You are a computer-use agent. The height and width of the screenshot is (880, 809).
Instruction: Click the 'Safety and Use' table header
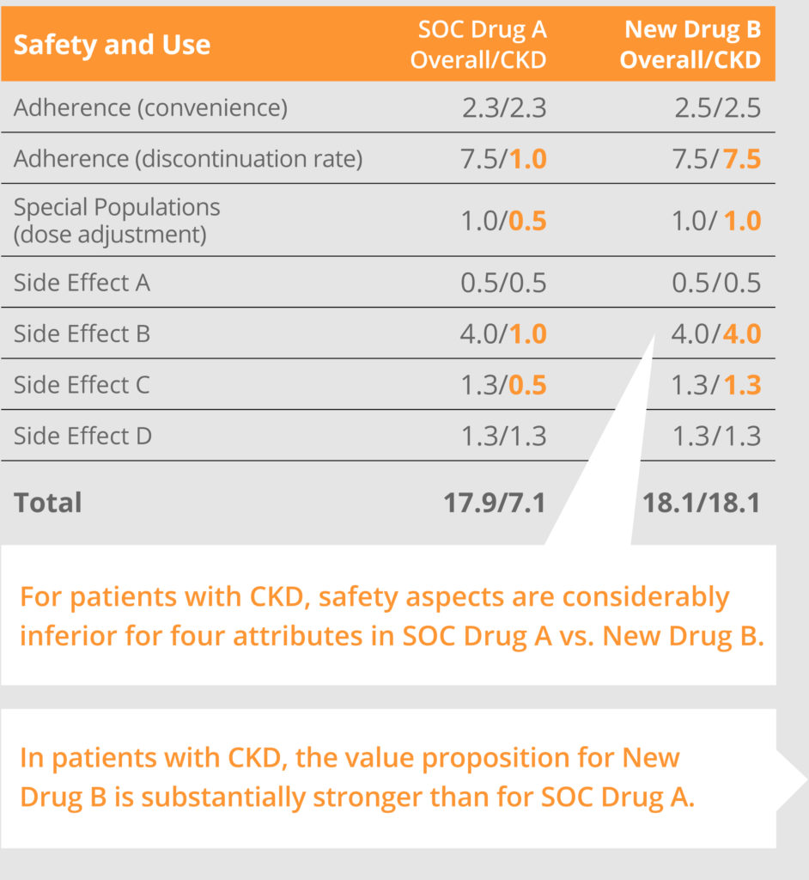pyautogui.click(x=112, y=45)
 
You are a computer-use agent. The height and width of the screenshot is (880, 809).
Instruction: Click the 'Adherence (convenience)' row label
pyautogui.click(x=150, y=107)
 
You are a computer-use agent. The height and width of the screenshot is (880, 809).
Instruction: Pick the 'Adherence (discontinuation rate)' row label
pyautogui.click(x=188, y=158)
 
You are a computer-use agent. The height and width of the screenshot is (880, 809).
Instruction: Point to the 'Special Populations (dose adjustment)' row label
pyautogui.click(x=117, y=220)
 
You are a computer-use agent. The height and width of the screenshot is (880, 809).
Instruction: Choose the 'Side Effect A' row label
pyautogui.click(x=82, y=283)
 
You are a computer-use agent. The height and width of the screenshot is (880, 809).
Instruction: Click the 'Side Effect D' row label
pyautogui.click(x=82, y=436)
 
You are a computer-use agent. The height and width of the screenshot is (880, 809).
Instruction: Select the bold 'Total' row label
pyautogui.click(x=48, y=502)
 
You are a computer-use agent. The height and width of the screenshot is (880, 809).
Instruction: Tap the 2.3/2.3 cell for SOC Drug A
pyautogui.click(x=503, y=107)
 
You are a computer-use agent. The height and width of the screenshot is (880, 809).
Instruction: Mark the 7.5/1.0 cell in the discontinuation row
pyautogui.click(x=503, y=159)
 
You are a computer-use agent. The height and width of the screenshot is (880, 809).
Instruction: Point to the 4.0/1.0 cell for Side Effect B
pyautogui.click(x=503, y=333)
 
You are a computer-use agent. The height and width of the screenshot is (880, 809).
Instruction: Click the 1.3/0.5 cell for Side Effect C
pyautogui.click(x=503, y=384)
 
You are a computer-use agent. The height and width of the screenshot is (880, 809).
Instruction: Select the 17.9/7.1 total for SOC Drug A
pyautogui.click(x=495, y=502)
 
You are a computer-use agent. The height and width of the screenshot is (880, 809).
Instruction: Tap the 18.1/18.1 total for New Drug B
pyautogui.click(x=702, y=502)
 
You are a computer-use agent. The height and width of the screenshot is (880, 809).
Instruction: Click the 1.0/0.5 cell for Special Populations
pyautogui.click(x=503, y=221)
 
